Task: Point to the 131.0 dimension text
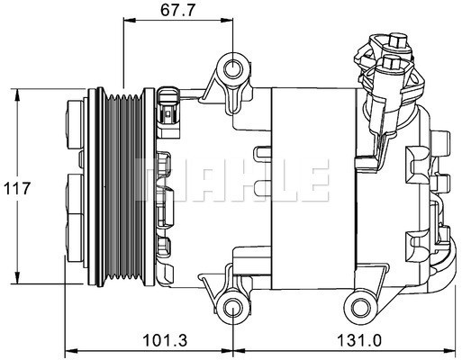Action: pos(340,340)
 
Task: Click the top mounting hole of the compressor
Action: pos(233,68)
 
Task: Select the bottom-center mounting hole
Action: pos(233,309)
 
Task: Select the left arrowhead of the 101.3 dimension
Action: pos(69,352)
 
